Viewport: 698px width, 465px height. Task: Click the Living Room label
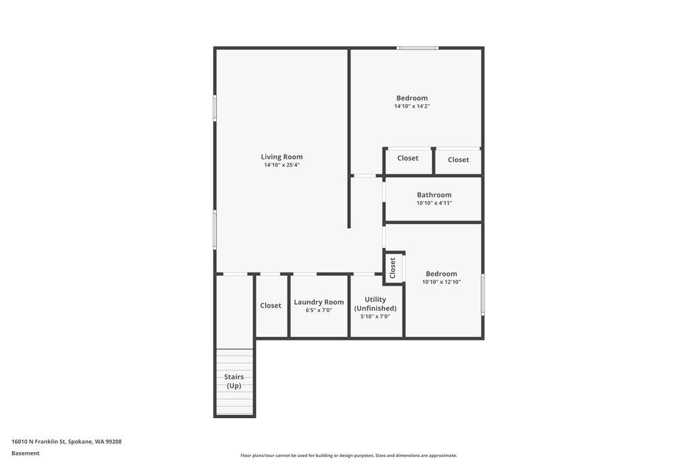point(282,157)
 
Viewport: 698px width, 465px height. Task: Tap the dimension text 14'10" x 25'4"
point(282,165)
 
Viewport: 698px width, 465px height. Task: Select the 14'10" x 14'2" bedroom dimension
point(412,106)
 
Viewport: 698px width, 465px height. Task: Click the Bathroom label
point(434,195)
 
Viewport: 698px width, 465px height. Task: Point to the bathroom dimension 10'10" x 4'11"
point(434,203)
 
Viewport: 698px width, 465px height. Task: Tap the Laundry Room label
point(318,302)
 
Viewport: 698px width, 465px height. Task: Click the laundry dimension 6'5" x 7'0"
point(318,310)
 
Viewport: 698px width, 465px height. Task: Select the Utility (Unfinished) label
point(375,304)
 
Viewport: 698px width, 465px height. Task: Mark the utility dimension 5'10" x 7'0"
point(375,317)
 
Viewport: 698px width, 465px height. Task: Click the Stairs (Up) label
point(234,381)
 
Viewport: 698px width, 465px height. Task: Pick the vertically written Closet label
point(393,268)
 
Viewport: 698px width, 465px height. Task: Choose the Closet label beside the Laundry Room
point(271,306)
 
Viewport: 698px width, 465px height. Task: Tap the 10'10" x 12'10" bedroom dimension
point(441,282)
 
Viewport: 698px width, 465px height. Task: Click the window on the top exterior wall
point(418,48)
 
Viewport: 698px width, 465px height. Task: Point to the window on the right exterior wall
point(483,294)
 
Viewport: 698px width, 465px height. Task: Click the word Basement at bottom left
point(25,453)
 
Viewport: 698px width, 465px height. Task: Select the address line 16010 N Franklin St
point(66,441)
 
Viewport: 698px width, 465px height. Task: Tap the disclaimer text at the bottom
point(348,455)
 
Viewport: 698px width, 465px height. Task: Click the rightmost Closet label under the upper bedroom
point(458,160)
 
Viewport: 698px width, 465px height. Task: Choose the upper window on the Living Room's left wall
point(215,108)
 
